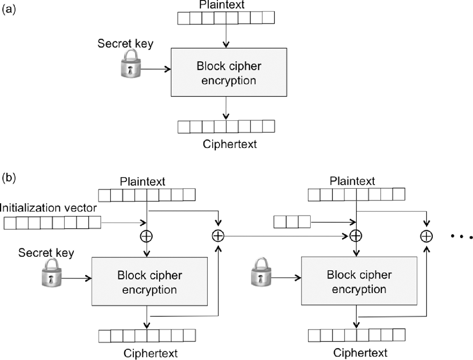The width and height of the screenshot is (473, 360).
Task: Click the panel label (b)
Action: (9, 178)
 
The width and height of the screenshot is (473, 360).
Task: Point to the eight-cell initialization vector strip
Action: (52, 222)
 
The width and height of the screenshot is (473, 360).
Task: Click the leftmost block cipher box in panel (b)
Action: (149, 281)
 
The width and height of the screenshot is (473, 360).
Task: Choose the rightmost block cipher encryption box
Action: (358, 280)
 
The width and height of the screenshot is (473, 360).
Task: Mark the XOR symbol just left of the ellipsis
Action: (426, 236)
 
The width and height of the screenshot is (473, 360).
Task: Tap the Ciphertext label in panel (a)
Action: (230, 144)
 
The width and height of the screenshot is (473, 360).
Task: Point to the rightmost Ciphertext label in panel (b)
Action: (360, 352)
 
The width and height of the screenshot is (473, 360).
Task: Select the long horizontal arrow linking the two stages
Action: (286, 236)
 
